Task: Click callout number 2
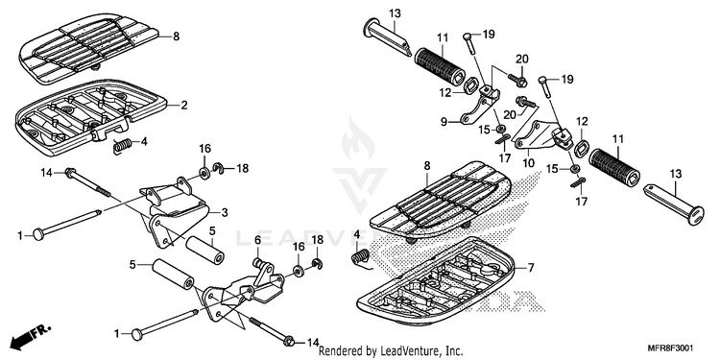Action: click(184, 106)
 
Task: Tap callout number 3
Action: click(225, 212)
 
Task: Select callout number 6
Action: click(257, 240)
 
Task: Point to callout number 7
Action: click(531, 267)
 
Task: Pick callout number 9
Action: click(444, 122)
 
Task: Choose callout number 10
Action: click(528, 164)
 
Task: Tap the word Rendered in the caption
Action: click(339, 351)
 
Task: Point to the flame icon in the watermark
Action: click(358, 138)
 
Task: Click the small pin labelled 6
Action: click(260, 264)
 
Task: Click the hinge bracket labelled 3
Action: click(175, 211)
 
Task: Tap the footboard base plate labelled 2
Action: click(90, 116)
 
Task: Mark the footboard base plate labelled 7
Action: click(439, 281)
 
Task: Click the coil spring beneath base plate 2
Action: click(123, 146)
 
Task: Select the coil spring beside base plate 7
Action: click(361, 257)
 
